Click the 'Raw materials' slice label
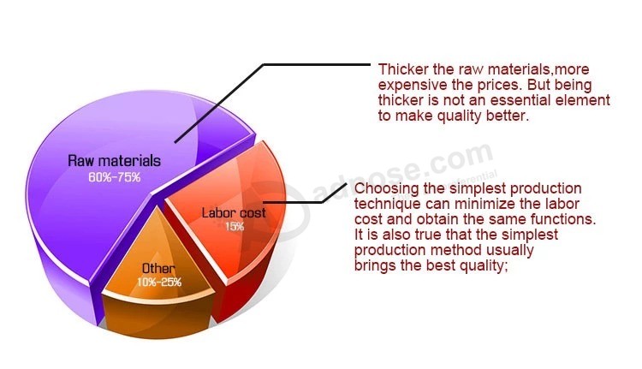pos(114,161)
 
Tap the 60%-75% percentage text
pos(115,177)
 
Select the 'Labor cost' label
pos(234,212)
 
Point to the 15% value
pos(235,226)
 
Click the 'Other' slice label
pos(158,268)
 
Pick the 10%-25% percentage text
pos(159,282)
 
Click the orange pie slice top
pos(158,258)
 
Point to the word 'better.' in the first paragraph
pos(508,116)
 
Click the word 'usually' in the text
pos(510,250)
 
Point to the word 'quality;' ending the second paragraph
pos(484,265)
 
